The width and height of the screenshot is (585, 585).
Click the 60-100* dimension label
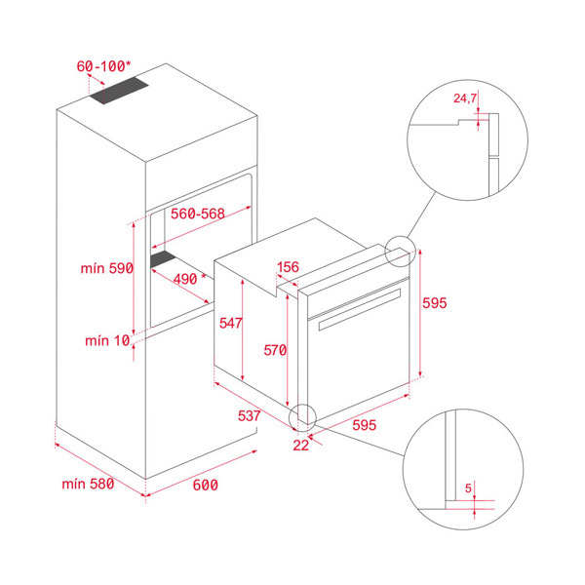[x=103, y=66]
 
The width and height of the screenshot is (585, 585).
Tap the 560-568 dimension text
[x=198, y=214]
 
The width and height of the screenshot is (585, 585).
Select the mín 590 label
[x=107, y=268]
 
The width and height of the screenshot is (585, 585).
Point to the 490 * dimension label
[x=189, y=278]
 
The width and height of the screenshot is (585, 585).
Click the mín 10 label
[x=107, y=340]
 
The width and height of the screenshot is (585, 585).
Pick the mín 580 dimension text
[x=88, y=484]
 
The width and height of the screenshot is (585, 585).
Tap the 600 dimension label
[x=205, y=485]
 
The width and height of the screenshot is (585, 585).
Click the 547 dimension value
[x=230, y=323]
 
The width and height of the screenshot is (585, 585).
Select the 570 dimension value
[x=275, y=350]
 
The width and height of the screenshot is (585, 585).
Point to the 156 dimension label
[x=288, y=267]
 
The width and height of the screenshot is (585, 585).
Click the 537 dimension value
[x=250, y=415]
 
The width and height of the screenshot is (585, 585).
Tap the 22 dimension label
[x=300, y=446]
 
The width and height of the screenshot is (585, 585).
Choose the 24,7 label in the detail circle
[x=465, y=98]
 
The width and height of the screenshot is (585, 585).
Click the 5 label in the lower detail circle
[x=468, y=488]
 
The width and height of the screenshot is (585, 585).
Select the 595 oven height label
[x=435, y=302]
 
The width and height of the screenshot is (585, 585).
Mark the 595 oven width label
[x=364, y=425]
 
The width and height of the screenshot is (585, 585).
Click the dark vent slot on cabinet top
[x=119, y=91]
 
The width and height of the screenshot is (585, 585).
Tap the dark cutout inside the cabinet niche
[x=163, y=258]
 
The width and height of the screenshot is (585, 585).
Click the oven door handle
[x=360, y=310]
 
